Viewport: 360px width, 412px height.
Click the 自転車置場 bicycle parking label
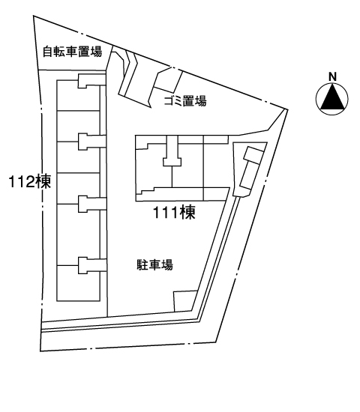[72, 52]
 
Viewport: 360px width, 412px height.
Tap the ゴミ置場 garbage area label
[185, 100]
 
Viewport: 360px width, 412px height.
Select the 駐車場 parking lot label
[155, 264]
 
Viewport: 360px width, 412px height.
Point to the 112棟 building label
[29, 181]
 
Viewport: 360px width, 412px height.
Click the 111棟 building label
[174, 212]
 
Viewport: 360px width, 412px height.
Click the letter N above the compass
[333, 76]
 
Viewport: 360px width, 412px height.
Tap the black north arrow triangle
[332, 96]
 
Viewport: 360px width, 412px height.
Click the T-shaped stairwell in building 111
[172, 151]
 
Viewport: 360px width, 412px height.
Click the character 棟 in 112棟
[43, 181]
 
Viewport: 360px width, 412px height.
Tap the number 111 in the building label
[166, 213]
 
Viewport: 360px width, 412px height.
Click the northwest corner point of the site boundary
[34, 16]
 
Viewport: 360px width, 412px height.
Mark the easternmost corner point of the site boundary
[288, 109]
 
